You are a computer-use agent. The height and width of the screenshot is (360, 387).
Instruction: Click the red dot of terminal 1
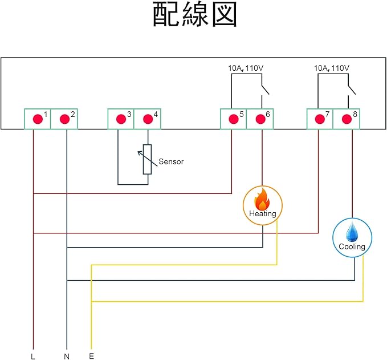(x=38, y=119)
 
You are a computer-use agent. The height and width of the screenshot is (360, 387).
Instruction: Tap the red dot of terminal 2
(x=64, y=119)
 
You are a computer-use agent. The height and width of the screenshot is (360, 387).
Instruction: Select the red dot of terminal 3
(x=121, y=119)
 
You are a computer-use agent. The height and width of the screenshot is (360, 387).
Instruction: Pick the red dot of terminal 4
(x=148, y=119)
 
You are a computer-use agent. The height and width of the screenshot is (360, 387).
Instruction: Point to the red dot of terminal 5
(x=233, y=119)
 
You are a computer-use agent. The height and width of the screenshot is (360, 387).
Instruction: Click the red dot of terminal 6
(x=260, y=119)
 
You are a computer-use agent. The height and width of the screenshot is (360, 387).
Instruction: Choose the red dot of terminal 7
(x=319, y=119)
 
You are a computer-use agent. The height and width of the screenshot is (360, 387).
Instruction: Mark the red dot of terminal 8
(x=346, y=119)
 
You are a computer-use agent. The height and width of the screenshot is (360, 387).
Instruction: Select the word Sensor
(x=171, y=161)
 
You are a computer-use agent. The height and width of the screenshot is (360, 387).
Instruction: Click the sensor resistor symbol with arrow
(x=147, y=159)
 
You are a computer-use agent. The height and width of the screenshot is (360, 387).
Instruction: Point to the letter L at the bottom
(x=33, y=356)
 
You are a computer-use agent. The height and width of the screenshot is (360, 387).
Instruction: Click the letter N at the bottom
(x=67, y=356)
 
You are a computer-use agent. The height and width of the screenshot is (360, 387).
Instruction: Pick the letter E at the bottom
(x=91, y=356)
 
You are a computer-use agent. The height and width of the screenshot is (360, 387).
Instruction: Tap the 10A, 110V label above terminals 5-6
(x=245, y=68)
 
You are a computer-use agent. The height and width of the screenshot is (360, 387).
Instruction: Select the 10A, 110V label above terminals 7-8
(x=332, y=68)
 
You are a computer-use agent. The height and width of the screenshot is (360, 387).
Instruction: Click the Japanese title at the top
(x=194, y=15)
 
